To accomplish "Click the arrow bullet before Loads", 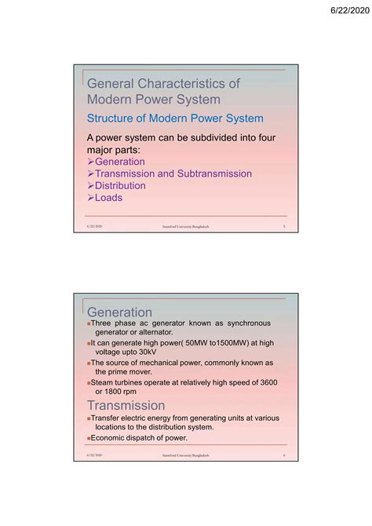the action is click(x=90, y=198).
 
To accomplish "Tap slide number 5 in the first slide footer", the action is click(x=283, y=226).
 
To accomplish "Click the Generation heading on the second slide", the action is click(x=119, y=312).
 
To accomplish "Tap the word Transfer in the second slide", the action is click(x=109, y=418).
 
